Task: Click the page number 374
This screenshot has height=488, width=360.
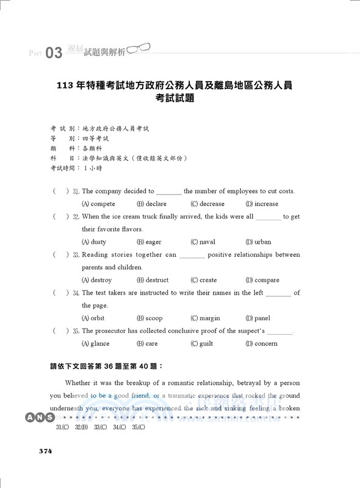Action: (45, 451)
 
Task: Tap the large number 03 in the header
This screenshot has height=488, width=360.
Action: (54, 53)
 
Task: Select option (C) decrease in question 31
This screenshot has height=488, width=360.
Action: (207, 204)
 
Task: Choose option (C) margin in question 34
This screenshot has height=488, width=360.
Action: (206, 318)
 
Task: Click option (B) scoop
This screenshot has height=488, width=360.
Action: (150, 318)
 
